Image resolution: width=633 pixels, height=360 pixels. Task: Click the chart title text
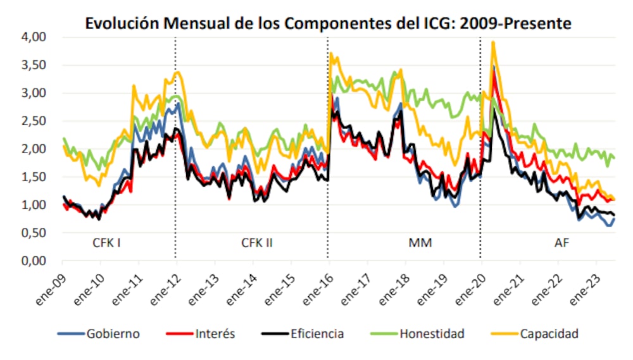(x=329, y=23)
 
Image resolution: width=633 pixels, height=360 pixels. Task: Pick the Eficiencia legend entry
(x=314, y=333)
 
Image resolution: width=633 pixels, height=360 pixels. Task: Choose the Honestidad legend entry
(x=427, y=333)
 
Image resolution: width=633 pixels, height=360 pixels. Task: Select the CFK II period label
(x=257, y=242)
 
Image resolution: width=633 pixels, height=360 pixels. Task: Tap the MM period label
(x=421, y=242)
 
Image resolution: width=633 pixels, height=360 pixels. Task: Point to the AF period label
(x=561, y=242)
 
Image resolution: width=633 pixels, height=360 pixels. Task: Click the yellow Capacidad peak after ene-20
(x=492, y=43)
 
